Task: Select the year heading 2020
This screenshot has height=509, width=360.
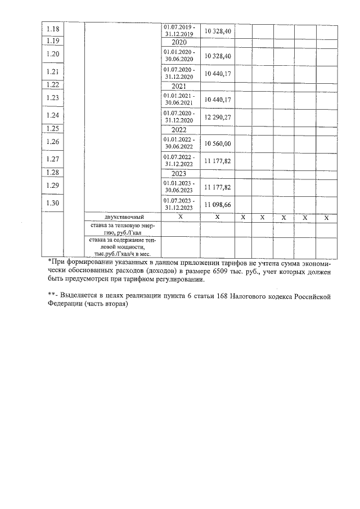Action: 179,42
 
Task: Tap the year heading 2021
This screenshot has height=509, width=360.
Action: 179,86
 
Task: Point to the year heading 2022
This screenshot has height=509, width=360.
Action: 179,129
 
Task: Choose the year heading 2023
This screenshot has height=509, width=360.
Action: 179,173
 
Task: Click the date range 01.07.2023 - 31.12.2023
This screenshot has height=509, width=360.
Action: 179,204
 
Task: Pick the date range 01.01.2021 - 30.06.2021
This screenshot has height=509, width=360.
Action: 179,100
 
